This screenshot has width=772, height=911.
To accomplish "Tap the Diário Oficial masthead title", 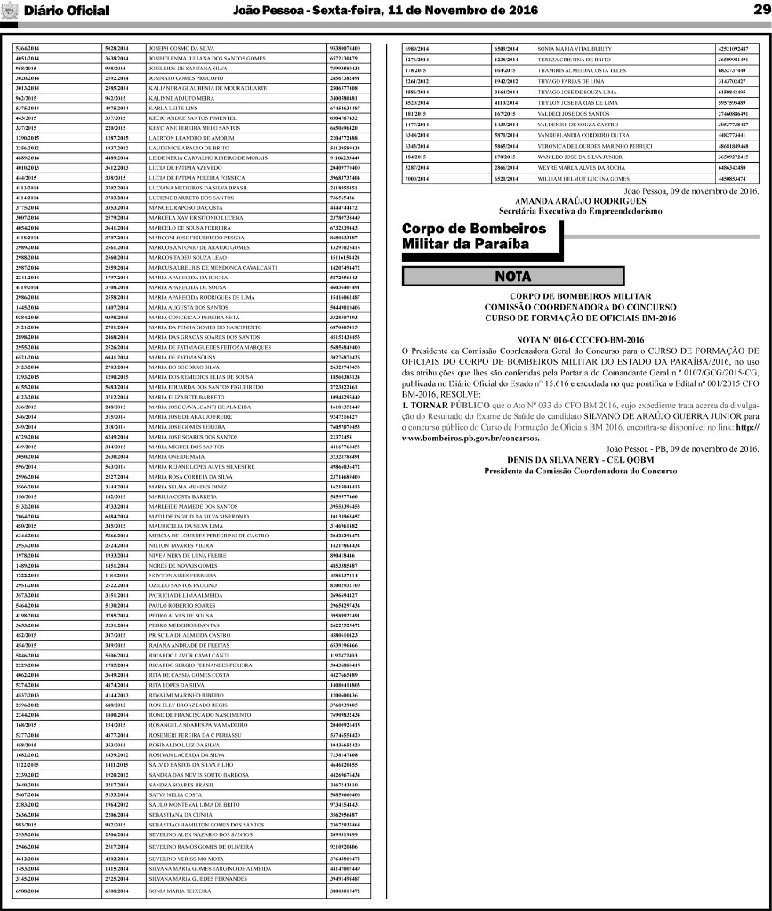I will click(67, 12).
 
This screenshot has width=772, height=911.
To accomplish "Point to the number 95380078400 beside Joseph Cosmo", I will click(344, 47).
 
